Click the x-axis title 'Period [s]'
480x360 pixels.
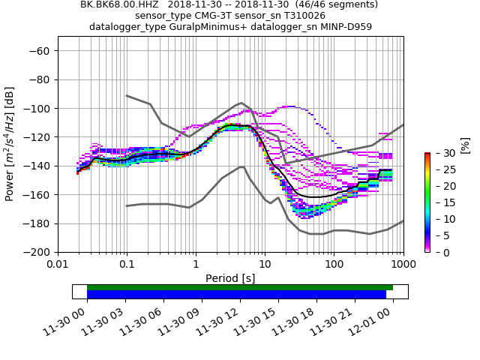coord(230,278)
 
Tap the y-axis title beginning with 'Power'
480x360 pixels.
coord(10,144)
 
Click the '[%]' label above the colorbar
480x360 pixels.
coord(465,144)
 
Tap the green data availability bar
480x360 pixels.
coord(240,287)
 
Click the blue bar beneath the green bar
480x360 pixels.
coord(236,295)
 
